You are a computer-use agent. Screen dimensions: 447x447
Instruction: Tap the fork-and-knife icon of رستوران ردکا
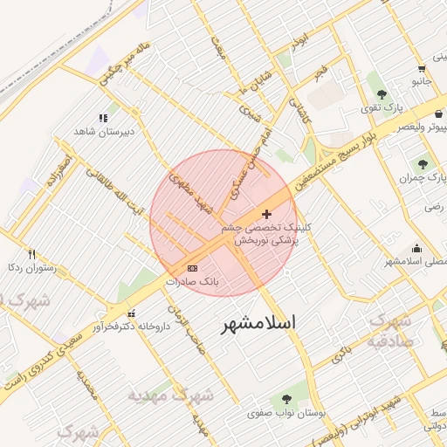click(x=31, y=254)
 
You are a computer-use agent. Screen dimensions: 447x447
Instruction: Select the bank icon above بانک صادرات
click(x=192, y=268)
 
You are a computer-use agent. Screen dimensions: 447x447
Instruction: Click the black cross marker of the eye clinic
click(x=266, y=214)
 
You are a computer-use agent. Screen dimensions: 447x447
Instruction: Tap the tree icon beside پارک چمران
click(x=423, y=164)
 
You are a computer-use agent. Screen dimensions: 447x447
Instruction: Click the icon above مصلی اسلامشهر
click(x=416, y=248)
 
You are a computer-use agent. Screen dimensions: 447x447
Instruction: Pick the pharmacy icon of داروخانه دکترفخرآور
click(x=131, y=313)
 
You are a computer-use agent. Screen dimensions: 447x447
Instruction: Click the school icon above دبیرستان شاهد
click(x=103, y=118)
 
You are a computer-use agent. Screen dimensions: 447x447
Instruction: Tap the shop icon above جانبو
click(x=422, y=68)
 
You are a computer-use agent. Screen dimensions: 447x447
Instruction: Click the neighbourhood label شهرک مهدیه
click(x=170, y=395)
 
